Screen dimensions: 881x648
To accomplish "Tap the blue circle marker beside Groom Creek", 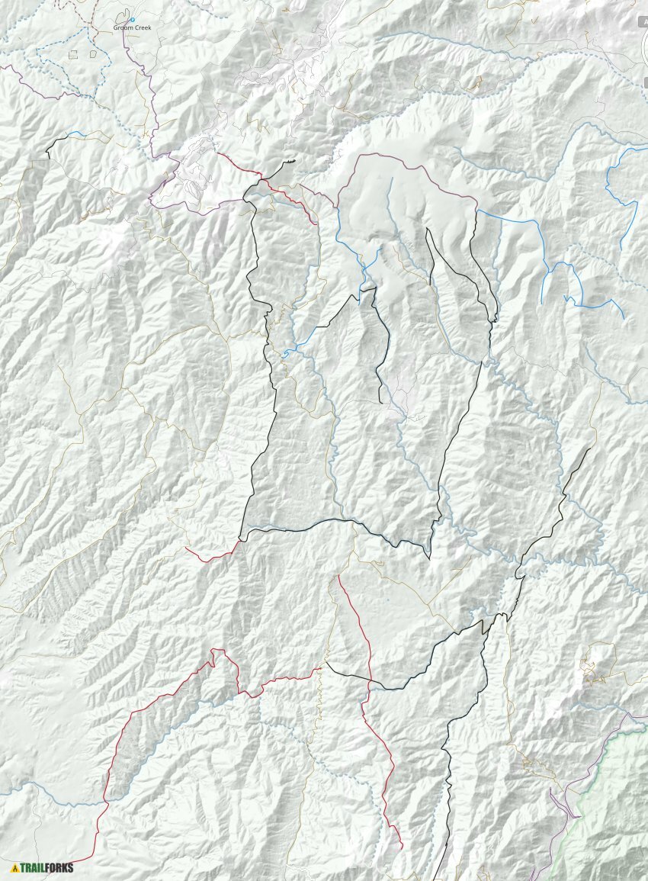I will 132,20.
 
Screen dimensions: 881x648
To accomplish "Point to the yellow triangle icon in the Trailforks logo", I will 14,868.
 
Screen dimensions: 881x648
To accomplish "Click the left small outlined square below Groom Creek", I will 73,54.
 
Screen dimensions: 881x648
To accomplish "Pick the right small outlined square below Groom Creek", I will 93,54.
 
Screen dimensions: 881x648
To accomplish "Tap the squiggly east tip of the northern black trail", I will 290,162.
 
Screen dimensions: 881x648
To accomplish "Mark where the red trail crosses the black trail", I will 371,679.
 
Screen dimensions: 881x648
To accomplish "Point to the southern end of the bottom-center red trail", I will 402,847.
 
